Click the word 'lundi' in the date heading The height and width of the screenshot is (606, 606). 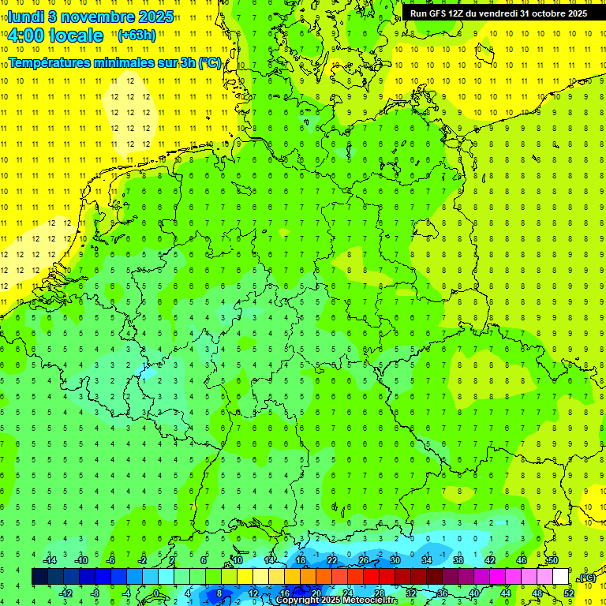click(x=25, y=16)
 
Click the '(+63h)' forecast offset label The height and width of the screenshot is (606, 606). click(x=137, y=35)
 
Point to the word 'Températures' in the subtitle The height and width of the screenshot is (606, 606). click(x=53, y=62)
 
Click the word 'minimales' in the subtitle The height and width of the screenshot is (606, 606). click(x=134, y=62)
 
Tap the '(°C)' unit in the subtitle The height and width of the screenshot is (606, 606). click(x=210, y=62)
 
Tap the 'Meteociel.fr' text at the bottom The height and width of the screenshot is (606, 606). click(x=369, y=600)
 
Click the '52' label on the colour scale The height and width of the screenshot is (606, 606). click(x=569, y=593)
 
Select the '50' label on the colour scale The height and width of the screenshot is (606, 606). click(x=553, y=560)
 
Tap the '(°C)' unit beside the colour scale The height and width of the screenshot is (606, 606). click(x=586, y=578)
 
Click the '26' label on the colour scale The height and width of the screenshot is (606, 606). click(x=364, y=560)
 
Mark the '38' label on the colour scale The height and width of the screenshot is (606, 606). click(x=458, y=560)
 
